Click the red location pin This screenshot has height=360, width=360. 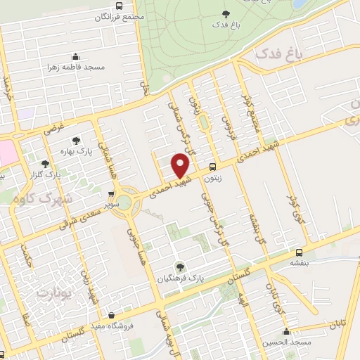pos(181,166)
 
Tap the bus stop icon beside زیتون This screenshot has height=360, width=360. pos(212,167)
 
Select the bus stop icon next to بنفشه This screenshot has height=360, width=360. pos(300,252)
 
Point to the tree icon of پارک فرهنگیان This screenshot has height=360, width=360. pos(181,266)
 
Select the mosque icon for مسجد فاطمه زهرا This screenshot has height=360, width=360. pos(75,56)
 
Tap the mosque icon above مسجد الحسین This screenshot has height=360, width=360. pos(285,331)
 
